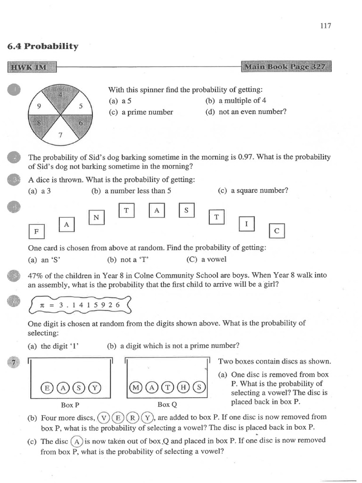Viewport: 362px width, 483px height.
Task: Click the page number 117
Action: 325,26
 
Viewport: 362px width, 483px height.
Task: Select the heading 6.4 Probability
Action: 43,46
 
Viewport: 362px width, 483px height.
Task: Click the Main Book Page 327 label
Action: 286,67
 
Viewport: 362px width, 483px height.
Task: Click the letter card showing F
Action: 36,233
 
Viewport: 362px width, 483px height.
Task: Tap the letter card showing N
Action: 96,217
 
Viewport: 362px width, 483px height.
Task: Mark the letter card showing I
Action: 247,225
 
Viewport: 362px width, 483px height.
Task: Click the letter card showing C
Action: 277,231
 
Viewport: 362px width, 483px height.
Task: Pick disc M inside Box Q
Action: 136,387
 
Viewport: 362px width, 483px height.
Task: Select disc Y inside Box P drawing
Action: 95,387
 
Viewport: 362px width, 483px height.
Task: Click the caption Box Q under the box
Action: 166,404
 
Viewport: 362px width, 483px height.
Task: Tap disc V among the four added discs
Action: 104,417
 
